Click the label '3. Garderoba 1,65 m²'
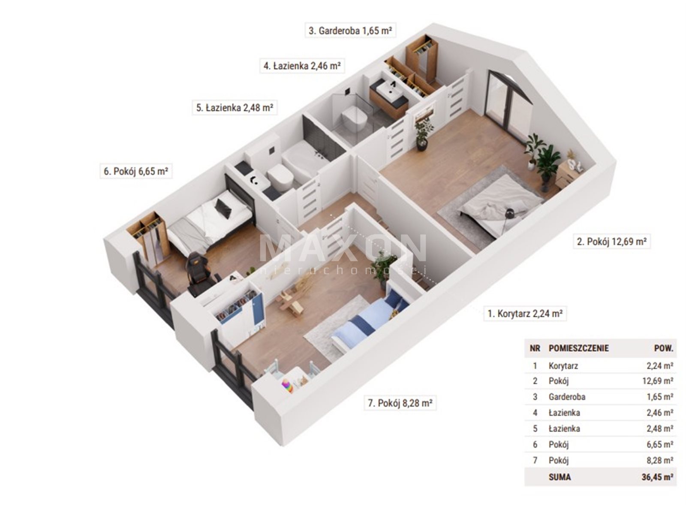point(350,30)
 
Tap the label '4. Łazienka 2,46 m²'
point(302,66)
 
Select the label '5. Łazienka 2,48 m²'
point(235,108)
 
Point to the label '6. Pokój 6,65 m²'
point(136,171)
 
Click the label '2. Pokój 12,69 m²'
point(611,242)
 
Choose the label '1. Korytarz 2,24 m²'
point(525,314)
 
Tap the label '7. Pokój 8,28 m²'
point(400,403)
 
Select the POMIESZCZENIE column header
point(578,348)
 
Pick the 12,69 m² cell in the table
point(658,381)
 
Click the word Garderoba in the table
point(567,396)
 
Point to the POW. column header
point(663,348)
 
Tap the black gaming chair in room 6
point(199,272)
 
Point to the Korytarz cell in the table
point(563,366)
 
